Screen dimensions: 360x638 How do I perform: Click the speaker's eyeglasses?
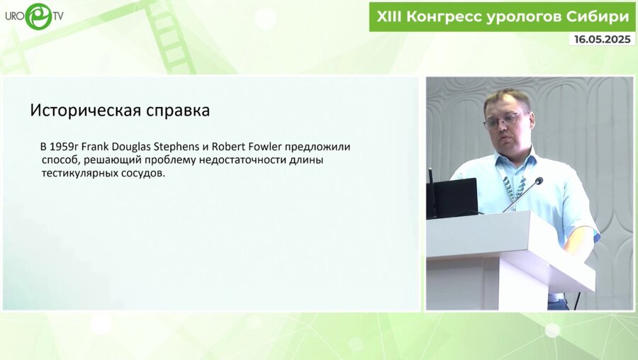[x=504, y=120]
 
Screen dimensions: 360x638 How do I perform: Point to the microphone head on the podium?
[x=537, y=182]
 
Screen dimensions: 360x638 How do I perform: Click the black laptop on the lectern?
[x=455, y=196]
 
